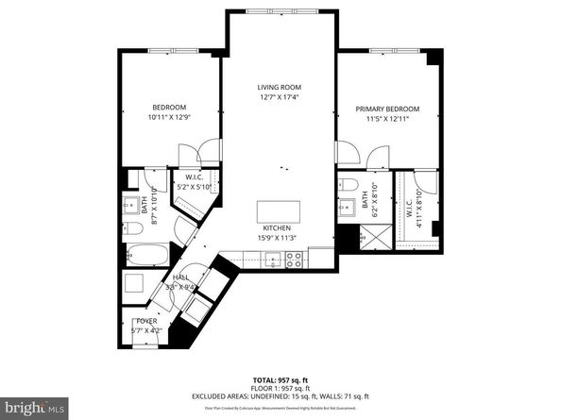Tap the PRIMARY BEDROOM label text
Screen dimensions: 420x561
click(x=388, y=109)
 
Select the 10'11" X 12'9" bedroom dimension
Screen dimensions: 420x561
click(x=170, y=117)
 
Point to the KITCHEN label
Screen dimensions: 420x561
click(x=279, y=227)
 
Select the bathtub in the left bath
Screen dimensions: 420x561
click(x=147, y=254)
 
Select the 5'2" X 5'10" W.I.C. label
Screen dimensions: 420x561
click(x=196, y=187)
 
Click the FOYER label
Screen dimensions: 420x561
click(x=145, y=322)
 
